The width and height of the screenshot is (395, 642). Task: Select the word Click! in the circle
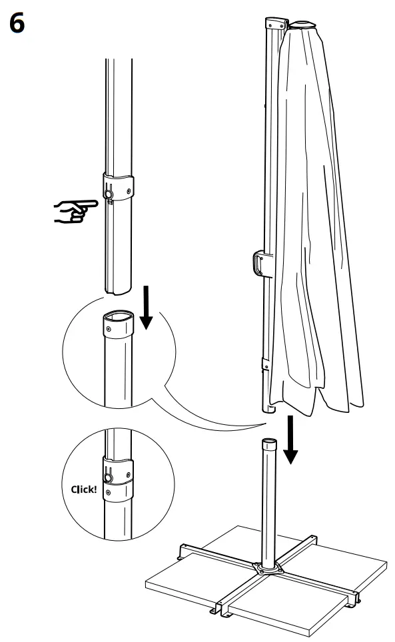(83, 489)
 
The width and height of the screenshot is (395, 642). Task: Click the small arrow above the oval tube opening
(147, 310)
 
